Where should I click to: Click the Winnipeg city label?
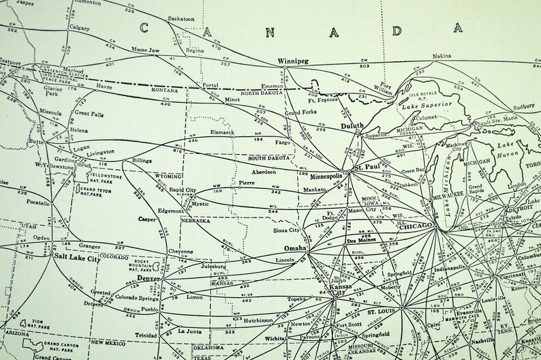[x=294, y=61]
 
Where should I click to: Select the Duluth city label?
[x=349, y=125]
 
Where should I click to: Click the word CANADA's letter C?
[x=144, y=27]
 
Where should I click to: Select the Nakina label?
[x=444, y=56]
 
